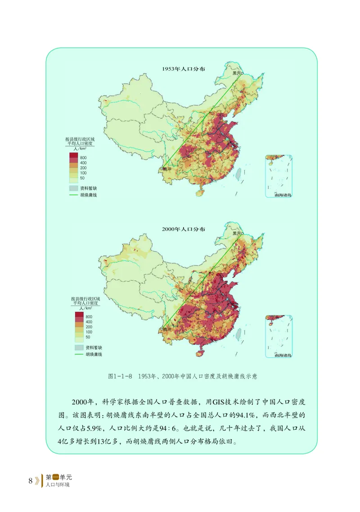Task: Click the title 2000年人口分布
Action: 184,229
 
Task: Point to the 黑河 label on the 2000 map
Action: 237,234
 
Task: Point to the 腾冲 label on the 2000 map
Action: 168,329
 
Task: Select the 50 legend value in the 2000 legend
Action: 88,337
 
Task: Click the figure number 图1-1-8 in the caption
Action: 120,376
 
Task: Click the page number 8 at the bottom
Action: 30,480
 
